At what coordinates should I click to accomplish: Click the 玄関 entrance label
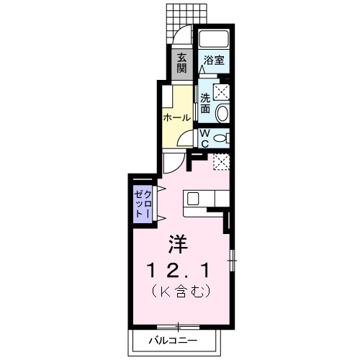pos(181,64)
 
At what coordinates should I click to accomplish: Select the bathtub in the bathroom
pos(213,40)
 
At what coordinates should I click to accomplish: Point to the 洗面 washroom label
pos(205,104)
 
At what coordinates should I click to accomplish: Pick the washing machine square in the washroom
pos(222,91)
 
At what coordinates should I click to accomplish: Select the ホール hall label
pos(176,117)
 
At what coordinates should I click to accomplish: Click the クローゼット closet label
pos(141,204)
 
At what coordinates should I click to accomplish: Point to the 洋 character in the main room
pos(179,246)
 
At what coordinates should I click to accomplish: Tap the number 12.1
pos(179,271)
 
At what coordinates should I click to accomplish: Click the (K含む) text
pos(179,292)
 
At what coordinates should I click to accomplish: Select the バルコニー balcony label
pos(173,339)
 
